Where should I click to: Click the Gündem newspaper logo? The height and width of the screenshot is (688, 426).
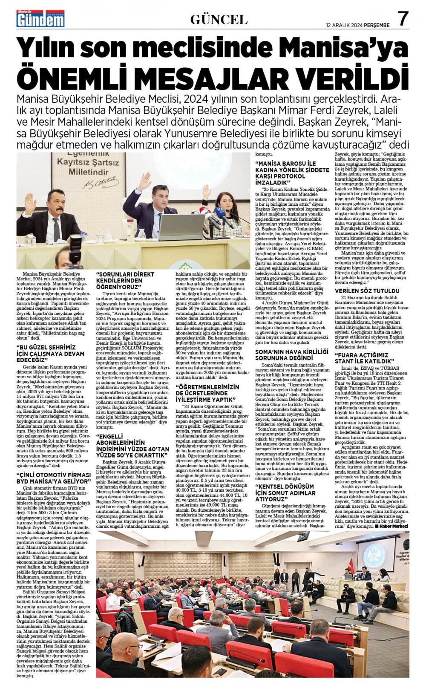point(40,19)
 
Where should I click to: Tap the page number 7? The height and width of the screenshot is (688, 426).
point(403,19)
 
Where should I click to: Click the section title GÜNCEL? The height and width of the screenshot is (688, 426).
point(219,20)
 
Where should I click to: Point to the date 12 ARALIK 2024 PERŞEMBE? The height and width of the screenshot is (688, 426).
point(358,25)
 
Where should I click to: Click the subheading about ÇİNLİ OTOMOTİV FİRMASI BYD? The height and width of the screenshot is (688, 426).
point(53,478)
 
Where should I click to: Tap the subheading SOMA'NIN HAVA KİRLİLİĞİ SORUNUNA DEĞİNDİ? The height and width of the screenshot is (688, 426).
point(292,355)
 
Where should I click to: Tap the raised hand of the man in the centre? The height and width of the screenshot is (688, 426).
point(144,181)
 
